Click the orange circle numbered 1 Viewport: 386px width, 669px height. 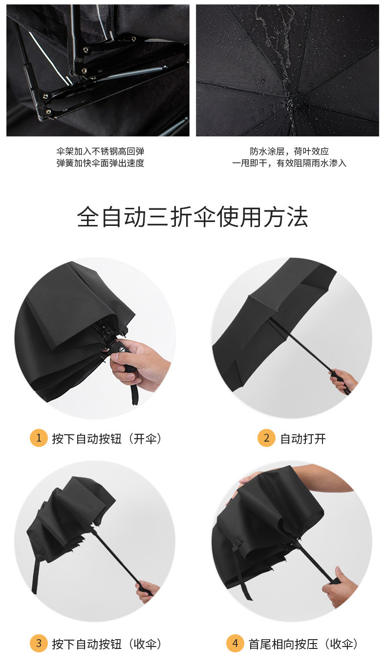tap(39, 438)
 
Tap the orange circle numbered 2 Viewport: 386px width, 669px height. tap(266, 438)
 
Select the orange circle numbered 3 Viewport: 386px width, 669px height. tap(39, 643)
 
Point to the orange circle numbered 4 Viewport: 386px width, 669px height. tap(235, 643)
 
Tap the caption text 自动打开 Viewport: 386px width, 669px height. tap(303, 439)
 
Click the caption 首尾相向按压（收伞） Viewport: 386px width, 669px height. tap(303, 644)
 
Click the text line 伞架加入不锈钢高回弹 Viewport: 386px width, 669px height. tap(100, 152)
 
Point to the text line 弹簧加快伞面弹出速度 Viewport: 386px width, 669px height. tap(100, 163)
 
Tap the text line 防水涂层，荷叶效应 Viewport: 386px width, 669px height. tap(289, 152)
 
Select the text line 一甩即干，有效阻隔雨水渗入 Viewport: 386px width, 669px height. tap(289, 163)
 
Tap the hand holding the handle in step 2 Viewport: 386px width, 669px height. tap(343, 381)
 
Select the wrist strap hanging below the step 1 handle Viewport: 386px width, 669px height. tap(134, 394)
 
